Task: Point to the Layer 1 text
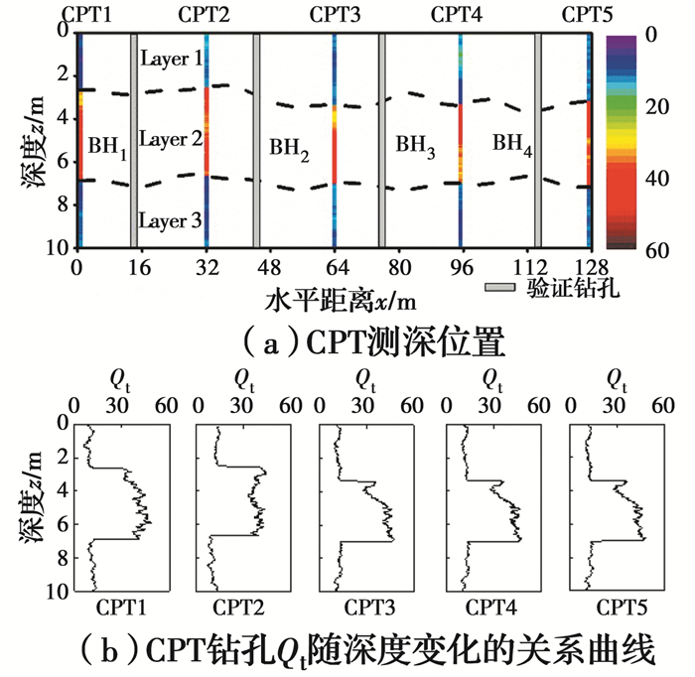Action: tap(172, 59)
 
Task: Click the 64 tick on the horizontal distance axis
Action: tap(334, 267)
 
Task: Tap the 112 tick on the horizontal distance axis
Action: tap(537, 267)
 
